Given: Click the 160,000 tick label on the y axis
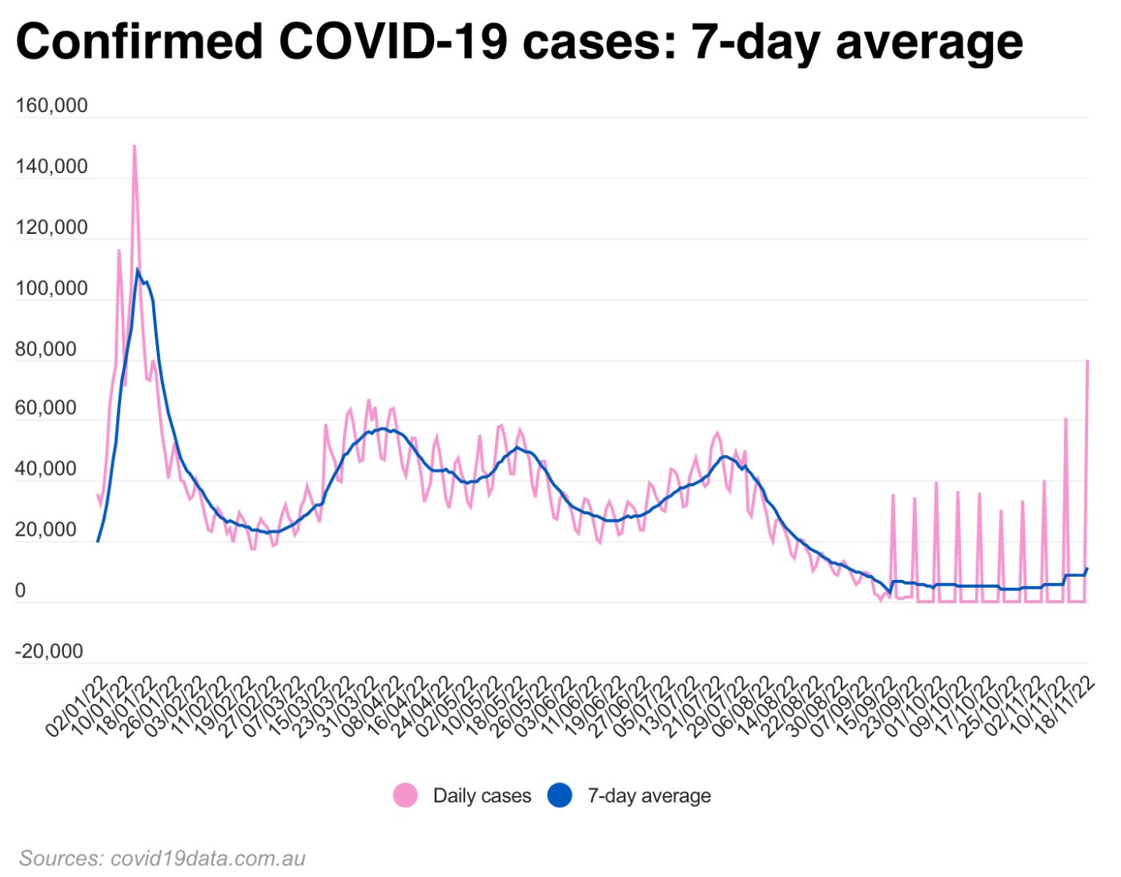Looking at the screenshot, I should click(x=51, y=106).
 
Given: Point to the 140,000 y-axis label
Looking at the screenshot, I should click(x=51, y=167).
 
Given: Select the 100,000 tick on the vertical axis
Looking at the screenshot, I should click(x=51, y=288).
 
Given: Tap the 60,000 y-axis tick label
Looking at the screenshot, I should click(x=46, y=408).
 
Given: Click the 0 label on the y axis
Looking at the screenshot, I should click(x=20, y=590).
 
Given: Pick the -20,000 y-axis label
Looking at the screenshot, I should click(x=49, y=651).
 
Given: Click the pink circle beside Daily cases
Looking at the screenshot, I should click(x=406, y=795).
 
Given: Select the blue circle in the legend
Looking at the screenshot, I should click(x=560, y=795).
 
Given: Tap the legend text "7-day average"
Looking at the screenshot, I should click(x=649, y=795).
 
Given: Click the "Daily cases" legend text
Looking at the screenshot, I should click(x=482, y=795).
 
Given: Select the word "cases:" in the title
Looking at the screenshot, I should click(x=599, y=42).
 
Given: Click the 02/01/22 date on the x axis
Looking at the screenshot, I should click(x=77, y=706).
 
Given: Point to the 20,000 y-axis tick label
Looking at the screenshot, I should click(x=46, y=529).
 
